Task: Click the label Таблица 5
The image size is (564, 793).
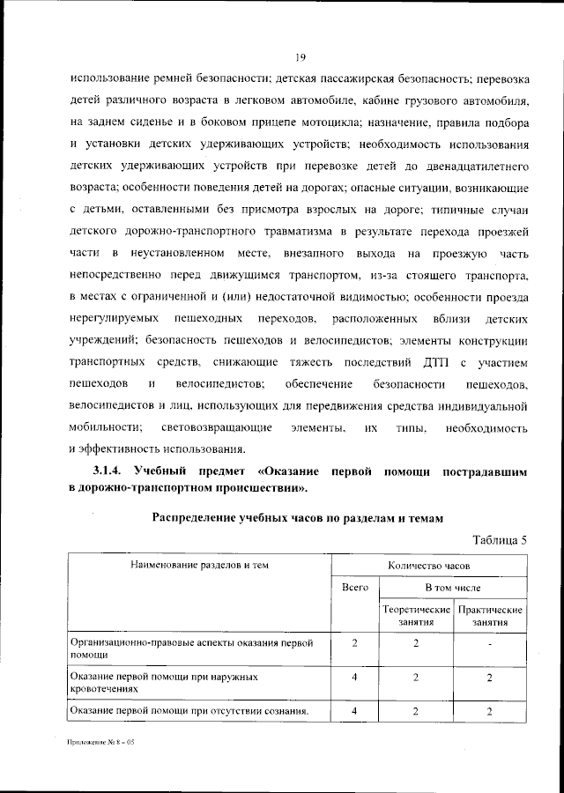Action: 500,540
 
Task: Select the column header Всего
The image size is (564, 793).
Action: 354,587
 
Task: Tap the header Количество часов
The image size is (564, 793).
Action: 429,564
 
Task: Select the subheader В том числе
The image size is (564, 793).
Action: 453,587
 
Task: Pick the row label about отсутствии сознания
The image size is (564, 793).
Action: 189,712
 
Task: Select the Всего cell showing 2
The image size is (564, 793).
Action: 354,643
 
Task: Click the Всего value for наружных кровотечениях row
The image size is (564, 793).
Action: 354,678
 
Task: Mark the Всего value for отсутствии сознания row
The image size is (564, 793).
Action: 354,712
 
